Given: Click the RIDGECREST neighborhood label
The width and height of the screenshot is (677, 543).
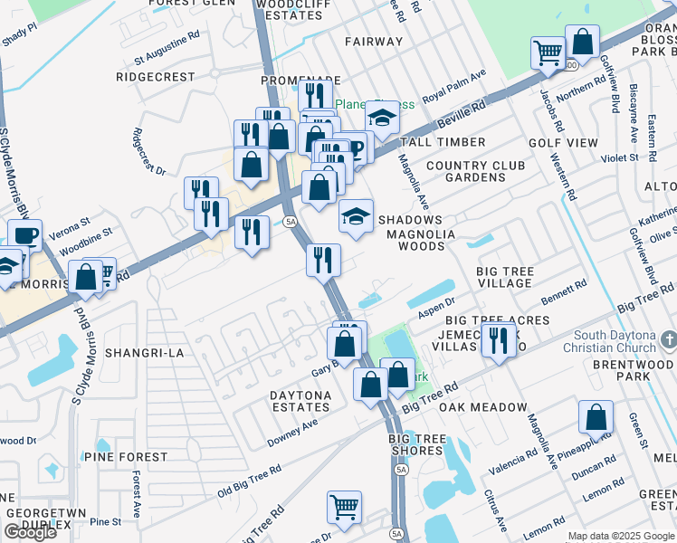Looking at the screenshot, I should (x=156, y=78).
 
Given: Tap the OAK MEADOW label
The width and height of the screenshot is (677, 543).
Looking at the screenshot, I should (x=482, y=408).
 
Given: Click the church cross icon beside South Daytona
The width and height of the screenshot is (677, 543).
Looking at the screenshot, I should (x=668, y=339).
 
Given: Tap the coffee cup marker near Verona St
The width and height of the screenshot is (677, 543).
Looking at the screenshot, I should (x=25, y=235).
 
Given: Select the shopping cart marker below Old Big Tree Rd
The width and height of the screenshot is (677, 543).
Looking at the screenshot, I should (x=344, y=507).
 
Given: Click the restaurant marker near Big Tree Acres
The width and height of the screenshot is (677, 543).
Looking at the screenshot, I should (x=497, y=340).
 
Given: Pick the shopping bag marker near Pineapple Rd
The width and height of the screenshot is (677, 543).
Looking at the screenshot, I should (x=596, y=417).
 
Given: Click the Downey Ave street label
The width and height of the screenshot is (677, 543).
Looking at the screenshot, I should (x=292, y=433).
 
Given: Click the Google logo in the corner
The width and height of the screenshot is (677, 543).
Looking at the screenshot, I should (x=30, y=532).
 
